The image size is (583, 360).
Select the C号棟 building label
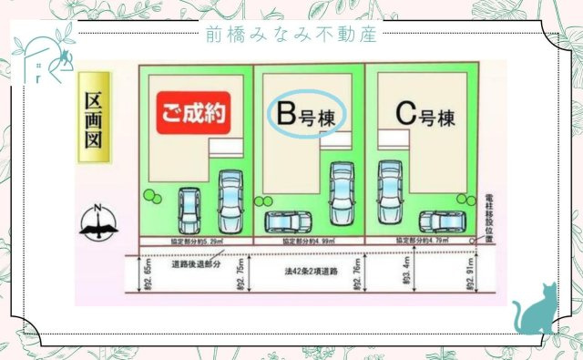pos(424,115)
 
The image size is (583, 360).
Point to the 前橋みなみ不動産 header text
pos(291,34)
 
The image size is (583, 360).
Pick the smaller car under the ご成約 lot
pos(190,211)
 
